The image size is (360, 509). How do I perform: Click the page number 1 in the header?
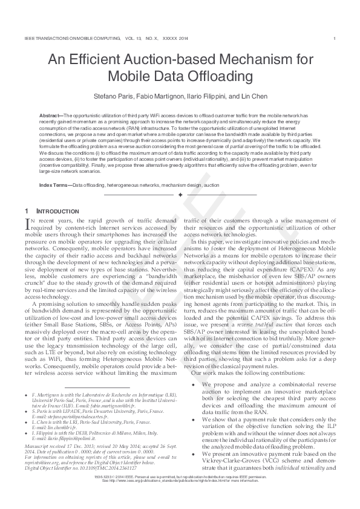pos(335,39)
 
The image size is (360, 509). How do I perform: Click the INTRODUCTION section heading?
pos(57,210)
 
